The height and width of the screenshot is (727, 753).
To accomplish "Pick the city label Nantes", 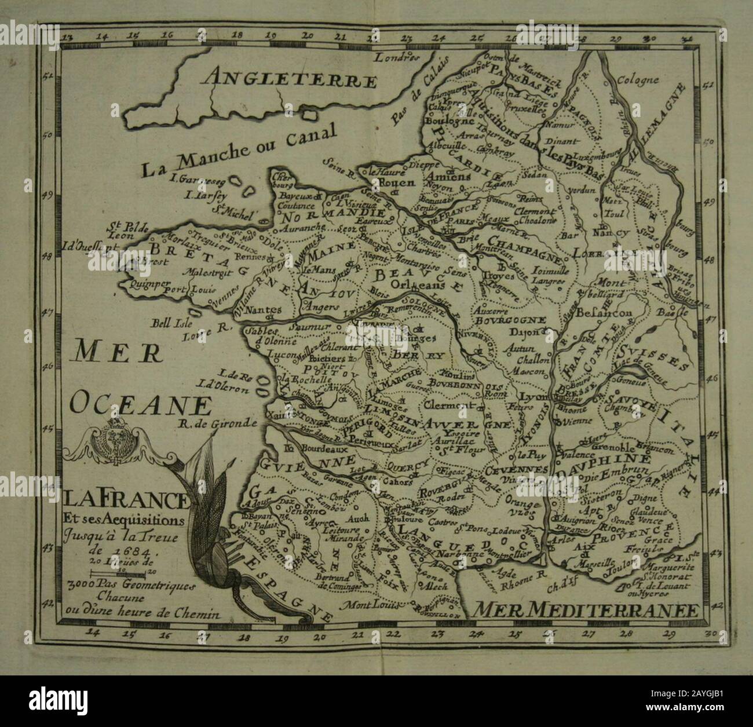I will tap(264, 310).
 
